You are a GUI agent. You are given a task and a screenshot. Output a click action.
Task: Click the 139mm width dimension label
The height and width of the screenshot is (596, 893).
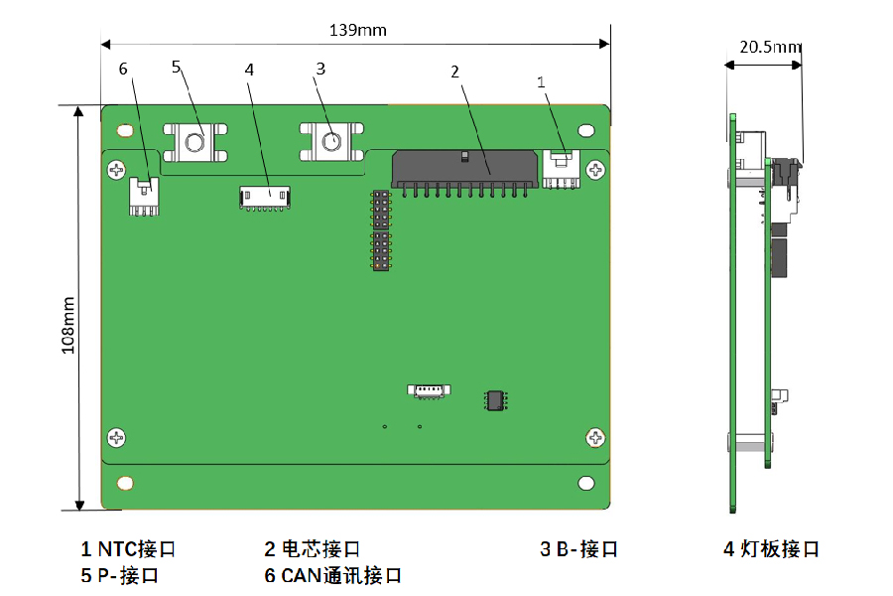point(357,30)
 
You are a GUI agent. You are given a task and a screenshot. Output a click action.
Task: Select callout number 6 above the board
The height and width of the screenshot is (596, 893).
point(123,69)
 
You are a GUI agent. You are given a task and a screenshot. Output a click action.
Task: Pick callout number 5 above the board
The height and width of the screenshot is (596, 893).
point(177,67)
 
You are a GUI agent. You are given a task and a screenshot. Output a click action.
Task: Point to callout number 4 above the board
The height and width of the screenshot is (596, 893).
point(249,70)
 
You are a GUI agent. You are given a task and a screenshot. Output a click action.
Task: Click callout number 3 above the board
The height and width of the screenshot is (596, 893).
point(320,69)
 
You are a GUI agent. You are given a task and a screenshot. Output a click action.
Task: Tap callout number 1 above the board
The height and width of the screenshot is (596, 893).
point(542,82)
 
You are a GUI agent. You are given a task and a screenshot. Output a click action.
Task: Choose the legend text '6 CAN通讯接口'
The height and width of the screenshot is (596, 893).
point(332,575)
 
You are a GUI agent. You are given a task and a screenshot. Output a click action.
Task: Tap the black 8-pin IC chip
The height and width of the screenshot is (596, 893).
point(494,399)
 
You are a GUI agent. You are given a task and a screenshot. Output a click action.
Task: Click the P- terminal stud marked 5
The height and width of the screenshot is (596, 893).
point(195,144)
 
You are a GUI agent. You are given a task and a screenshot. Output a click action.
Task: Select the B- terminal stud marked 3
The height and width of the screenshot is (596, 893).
point(330,143)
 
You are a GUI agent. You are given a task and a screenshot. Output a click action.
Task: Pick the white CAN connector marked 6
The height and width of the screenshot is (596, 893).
point(144,196)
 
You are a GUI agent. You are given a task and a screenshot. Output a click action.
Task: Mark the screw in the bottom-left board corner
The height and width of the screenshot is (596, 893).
point(117,437)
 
